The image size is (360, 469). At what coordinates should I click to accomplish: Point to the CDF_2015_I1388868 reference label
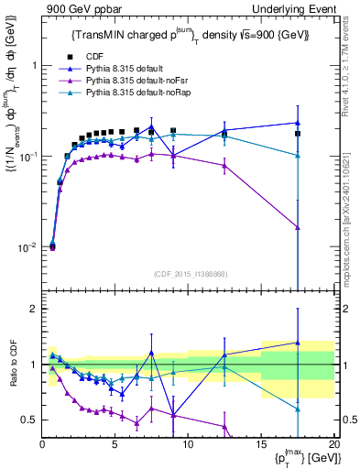pos(189,272)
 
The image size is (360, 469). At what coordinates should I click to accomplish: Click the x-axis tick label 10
pos(187,443)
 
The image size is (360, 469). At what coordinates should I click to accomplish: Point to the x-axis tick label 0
pos(42,443)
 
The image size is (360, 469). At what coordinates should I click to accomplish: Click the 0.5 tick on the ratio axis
pos(29,420)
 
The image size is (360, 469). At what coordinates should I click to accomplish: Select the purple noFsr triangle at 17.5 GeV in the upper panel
pos(298,227)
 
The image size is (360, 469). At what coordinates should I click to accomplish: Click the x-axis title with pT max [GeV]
pos(302,457)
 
